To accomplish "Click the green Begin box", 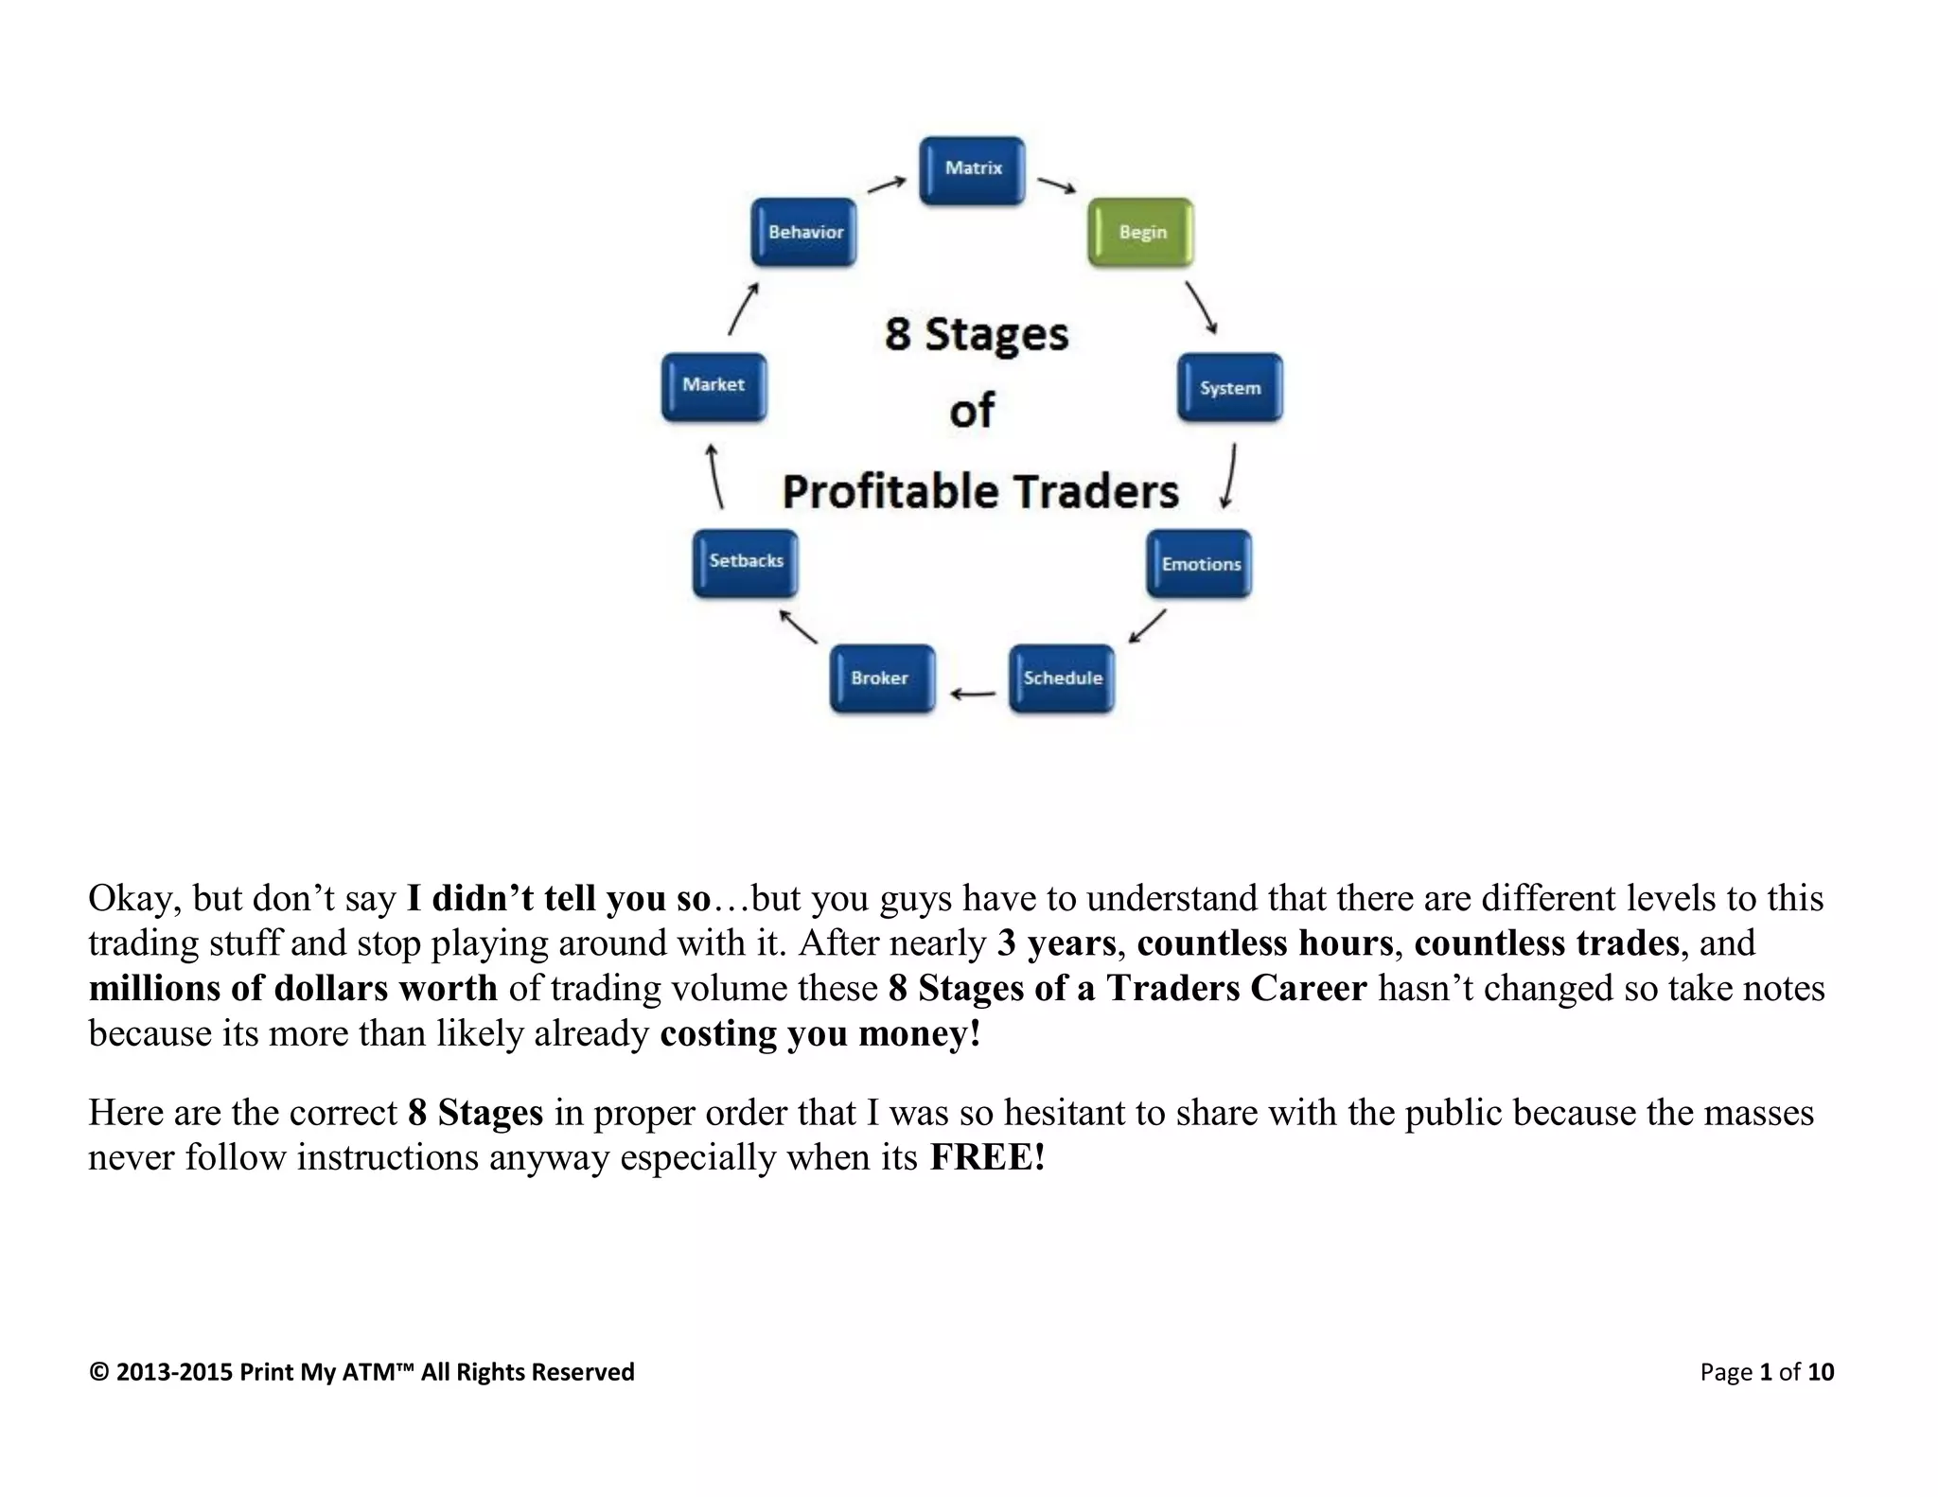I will click(1140, 232).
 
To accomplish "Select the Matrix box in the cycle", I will click(972, 170).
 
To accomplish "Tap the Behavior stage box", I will click(804, 232).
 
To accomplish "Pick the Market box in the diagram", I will click(714, 386).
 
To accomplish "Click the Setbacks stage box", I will click(746, 562).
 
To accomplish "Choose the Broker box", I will click(882, 678).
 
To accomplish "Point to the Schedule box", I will click(1062, 678).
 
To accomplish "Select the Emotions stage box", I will click(1199, 564).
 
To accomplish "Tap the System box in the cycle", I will click(1229, 387).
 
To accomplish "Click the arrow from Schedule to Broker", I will click(973, 695).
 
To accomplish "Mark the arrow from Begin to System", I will click(1201, 307).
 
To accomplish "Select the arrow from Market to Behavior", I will click(743, 308).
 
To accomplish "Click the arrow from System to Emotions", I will click(1229, 476).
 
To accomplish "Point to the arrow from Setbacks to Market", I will click(715, 476).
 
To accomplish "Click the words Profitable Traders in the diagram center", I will click(980, 492).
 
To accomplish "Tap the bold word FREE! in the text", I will click(987, 1157).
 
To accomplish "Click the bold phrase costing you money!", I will click(819, 1033).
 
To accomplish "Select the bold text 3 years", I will click(1056, 943).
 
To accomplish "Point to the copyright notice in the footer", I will click(361, 1372).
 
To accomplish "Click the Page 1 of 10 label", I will click(1766, 1372).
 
